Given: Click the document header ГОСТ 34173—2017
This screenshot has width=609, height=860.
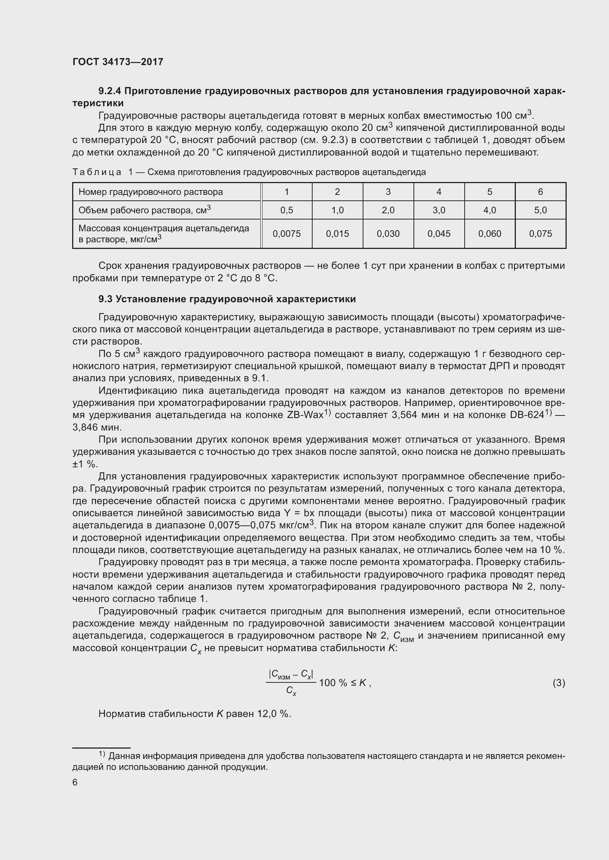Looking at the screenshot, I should pos(118,62).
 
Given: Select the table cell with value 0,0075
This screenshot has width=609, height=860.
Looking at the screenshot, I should pos(286,234).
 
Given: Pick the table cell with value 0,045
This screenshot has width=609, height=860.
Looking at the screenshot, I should pos(439,234).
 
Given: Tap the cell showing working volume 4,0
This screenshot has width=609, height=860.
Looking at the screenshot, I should pos(489,210).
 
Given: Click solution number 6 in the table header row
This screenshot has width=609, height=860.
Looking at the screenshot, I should pos(540,192).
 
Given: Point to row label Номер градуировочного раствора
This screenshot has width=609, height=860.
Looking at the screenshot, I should pos(150,192).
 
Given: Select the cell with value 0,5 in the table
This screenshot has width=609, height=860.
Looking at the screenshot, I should pos(286,210).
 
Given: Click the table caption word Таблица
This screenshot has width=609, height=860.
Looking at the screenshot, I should pos(97,172).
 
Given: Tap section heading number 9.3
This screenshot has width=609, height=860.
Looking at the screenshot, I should pos(105,299).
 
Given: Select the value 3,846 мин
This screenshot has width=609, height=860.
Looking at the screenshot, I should pos(97,427).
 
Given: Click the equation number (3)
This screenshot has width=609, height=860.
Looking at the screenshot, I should pos(559,683).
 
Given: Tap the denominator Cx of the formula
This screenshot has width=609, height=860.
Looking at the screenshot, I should pos(291,691).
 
